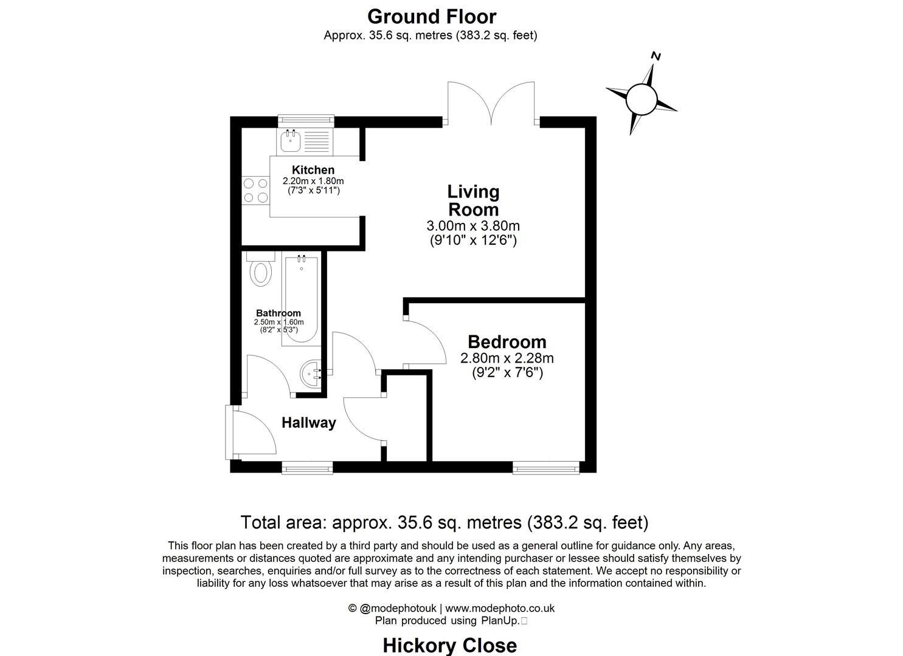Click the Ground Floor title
pos(431,16)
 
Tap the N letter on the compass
pos(656,56)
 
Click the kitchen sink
pos(289,142)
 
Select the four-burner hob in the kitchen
pos(255,190)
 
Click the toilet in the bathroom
pos(261,271)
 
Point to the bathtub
pos(300,300)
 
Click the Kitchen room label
pos(313,170)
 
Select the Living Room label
pos(473,200)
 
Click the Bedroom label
pos(507,341)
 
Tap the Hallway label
pos(308,423)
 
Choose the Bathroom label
pos(278,313)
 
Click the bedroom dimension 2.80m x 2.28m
pos(507,358)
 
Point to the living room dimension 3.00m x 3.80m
pos(473,226)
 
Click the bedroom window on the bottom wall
pos(545,467)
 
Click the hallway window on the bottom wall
pos(307,467)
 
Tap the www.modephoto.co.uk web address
pos(500,608)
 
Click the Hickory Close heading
pos(449,645)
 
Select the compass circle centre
pos(642,97)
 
